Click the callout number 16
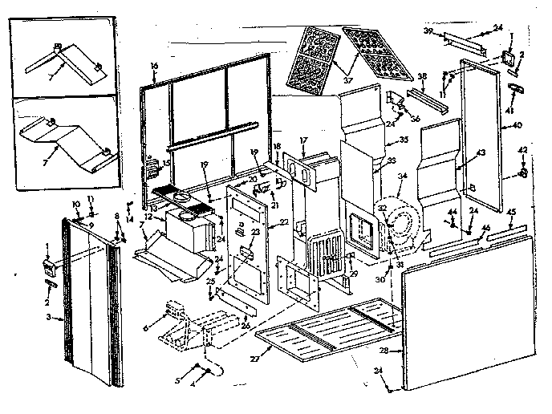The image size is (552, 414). pos(154,64)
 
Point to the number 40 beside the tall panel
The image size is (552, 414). pos(516,124)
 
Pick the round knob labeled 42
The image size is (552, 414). pos(522,173)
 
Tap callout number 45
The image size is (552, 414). pos(511,213)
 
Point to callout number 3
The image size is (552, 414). pos(50,319)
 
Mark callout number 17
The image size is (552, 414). pos(304,141)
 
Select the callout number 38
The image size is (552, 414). pos(422,78)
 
